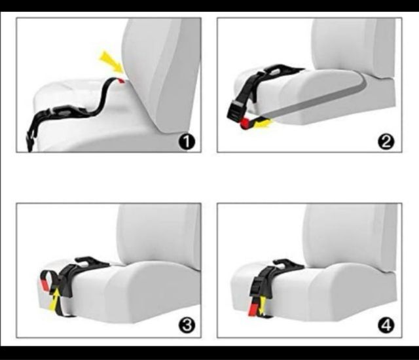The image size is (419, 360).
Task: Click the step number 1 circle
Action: pos(187,141)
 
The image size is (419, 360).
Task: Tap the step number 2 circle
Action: pos(386,141)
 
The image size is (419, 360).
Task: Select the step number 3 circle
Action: pos(187,325)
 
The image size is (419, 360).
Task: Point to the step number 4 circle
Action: pos(386,325)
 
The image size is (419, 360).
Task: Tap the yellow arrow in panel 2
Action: pos(263,124)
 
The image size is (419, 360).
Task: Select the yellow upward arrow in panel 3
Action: pos(55,300)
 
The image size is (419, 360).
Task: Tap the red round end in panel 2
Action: pos(245,124)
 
